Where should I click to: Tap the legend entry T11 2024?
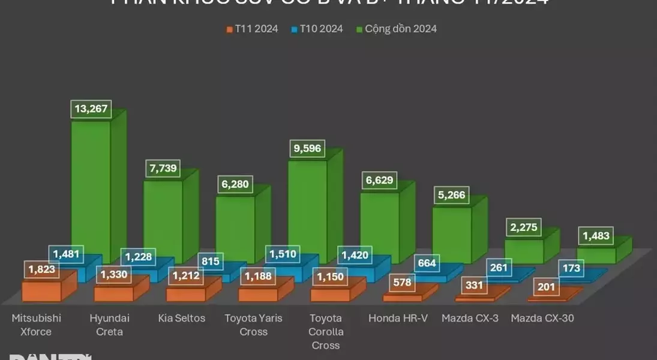(x=252, y=28)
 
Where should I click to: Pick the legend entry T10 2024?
(x=317, y=28)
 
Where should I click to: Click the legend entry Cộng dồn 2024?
(x=397, y=28)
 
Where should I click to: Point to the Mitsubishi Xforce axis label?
(x=37, y=325)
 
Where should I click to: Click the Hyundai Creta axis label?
(x=109, y=325)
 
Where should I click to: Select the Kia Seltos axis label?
(x=182, y=318)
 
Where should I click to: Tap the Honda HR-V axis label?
(x=398, y=318)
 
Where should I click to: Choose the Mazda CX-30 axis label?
(x=542, y=318)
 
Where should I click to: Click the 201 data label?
(x=546, y=287)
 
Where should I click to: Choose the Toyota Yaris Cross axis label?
(x=253, y=325)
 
